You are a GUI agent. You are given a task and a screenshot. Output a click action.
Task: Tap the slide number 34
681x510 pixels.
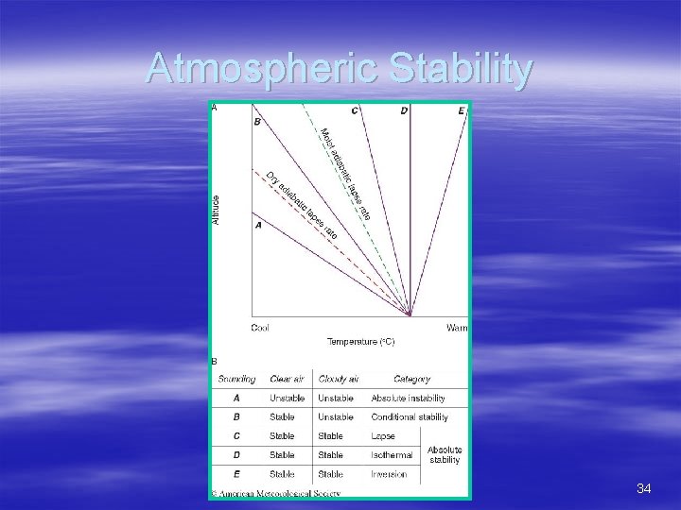click(644, 488)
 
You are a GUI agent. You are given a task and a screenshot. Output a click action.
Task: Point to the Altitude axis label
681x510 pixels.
click(216, 210)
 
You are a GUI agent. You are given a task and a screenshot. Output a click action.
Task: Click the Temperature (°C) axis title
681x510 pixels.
click(360, 341)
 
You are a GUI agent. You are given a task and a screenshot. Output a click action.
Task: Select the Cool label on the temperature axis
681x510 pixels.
click(259, 328)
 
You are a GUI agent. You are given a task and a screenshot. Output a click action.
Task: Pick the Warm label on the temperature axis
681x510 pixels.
click(457, 328)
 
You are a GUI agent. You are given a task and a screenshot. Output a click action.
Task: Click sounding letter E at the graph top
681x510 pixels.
click(461, 110)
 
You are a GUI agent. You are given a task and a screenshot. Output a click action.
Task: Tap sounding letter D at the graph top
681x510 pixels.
click(404, 110)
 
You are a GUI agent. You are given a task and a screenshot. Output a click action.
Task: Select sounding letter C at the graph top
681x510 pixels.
click(355, 110)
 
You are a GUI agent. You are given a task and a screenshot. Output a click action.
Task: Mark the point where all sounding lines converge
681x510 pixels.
click(410, 314)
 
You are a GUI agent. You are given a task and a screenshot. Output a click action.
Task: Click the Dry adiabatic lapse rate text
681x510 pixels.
click(301, 204)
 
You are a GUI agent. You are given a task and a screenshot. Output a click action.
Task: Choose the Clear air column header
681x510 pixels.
click(288, 379)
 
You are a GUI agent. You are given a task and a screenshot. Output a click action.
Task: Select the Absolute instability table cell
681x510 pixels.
click(408, 399)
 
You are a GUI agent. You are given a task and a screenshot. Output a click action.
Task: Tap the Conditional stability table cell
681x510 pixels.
click(410, 417)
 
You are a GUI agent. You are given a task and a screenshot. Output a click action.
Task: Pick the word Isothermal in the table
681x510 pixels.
click(392, 455)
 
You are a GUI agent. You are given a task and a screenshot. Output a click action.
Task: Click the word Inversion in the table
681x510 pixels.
click(389, 474)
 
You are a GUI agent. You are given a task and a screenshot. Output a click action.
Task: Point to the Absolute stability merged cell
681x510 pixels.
click(445, 455)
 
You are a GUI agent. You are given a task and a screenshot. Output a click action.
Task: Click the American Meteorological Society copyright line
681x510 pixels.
click(275, 492)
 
